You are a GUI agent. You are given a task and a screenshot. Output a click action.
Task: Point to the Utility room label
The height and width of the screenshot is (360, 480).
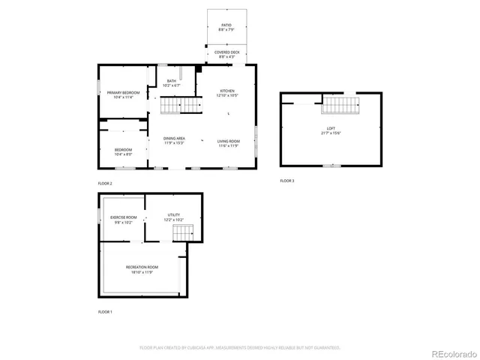173,218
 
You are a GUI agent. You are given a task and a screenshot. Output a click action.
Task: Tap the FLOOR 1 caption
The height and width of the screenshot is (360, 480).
105,311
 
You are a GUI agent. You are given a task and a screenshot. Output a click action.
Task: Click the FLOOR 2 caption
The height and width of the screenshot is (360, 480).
105,183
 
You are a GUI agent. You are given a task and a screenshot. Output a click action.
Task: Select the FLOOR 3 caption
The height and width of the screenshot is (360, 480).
287,181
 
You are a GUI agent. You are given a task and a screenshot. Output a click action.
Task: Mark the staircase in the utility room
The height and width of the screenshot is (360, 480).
183,232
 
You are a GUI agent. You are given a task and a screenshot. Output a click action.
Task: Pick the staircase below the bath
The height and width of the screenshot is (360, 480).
180,106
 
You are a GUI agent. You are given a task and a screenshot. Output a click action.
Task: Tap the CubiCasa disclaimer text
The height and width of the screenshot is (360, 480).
240,348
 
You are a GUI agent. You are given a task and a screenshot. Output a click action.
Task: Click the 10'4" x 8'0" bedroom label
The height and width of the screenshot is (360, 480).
123,151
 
